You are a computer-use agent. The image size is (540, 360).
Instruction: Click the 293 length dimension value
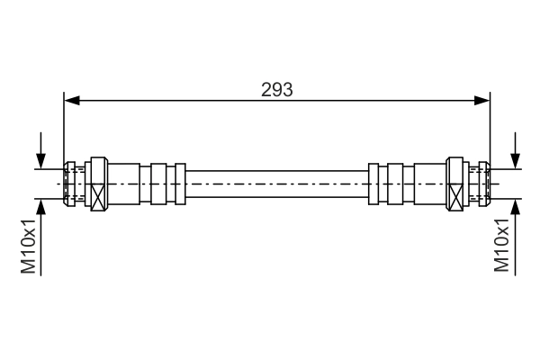[x=277, y=89]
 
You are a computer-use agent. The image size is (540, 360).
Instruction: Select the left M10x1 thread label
[x=29, y=246]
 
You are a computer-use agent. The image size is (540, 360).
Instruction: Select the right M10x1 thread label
[x=501, y=246]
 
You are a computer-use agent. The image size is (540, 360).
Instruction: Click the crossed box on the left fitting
[x=98, y=193]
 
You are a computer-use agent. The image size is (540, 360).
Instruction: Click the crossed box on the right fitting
[x=455, y=193]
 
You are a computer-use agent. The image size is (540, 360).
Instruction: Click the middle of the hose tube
[x=277, y=184]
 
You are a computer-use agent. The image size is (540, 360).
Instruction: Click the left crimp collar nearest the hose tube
[x=180, y=184]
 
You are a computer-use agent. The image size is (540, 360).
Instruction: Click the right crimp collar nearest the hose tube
[x=374, y=184]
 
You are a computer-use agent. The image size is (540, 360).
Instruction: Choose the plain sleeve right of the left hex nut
[x=125, y=184]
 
